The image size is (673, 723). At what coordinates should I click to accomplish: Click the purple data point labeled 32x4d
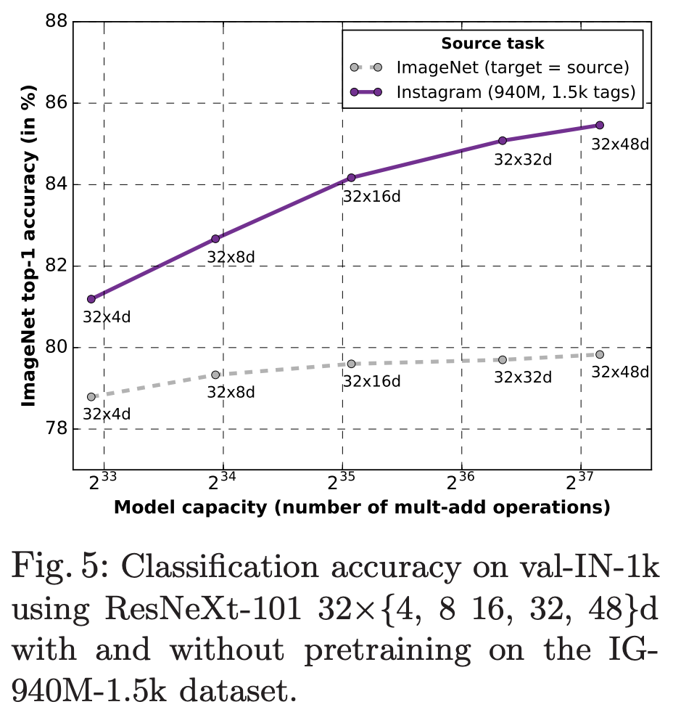[91, 299]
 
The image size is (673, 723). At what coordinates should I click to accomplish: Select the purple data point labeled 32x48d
[600, 126]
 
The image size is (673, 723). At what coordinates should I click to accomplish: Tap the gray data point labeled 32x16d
[351, 364]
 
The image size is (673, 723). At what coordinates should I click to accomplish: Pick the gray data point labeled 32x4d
[91, 397]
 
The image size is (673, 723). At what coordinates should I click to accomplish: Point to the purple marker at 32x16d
[351, 178]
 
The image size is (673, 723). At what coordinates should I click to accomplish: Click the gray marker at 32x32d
[503, 360]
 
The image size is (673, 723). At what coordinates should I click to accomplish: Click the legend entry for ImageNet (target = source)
[512, 68]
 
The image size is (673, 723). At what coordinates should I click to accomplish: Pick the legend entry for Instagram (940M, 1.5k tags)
[516, 92]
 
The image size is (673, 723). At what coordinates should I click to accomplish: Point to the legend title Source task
[492, 44]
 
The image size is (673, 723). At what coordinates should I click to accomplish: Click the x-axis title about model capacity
[361, 507]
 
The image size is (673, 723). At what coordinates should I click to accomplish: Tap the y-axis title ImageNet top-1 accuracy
[28, 247]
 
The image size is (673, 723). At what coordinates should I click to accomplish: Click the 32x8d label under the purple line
[231, 256]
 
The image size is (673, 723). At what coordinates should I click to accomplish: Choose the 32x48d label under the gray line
[620, 372]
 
